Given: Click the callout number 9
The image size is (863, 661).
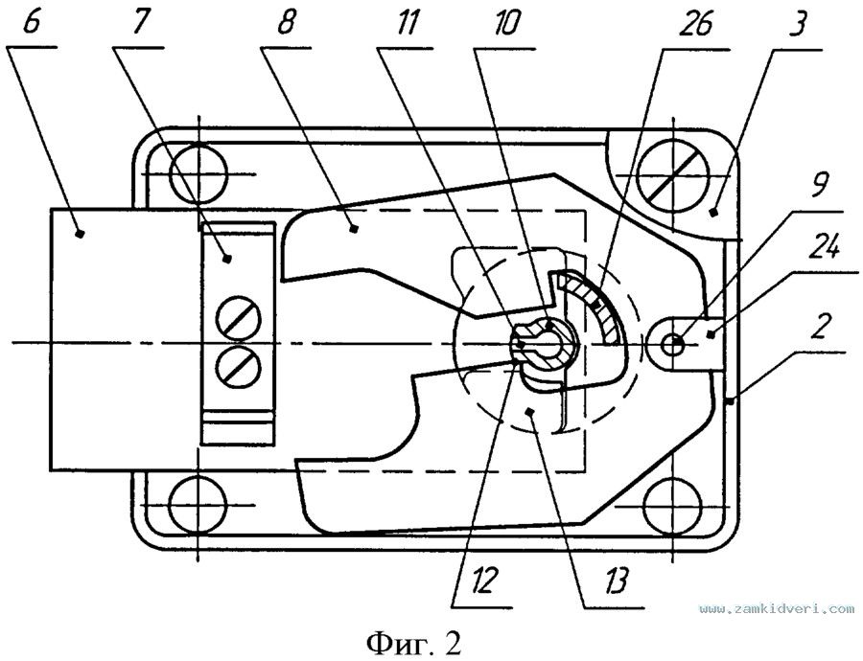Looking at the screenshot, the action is click(819, 187).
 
